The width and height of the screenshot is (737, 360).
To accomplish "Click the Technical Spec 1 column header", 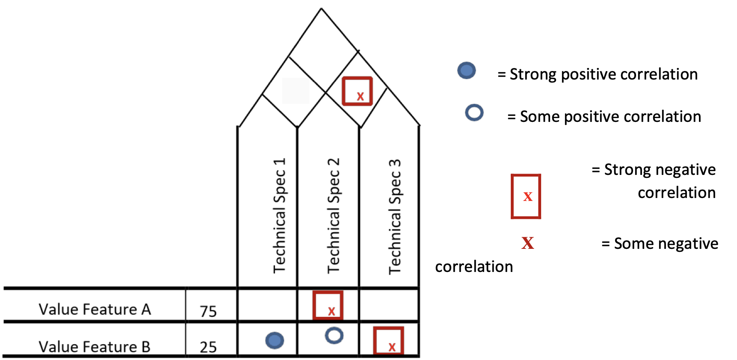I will tap(279, 216).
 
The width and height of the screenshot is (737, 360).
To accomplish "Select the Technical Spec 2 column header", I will tap(334, 216).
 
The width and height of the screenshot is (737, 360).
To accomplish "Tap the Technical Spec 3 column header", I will tap(394, 217).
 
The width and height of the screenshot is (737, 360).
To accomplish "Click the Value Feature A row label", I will tap(95, 309).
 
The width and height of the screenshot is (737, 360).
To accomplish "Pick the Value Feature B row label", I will tap(95, 346).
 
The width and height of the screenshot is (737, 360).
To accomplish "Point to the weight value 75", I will tap(208, 311).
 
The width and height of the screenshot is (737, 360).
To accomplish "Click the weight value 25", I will tap(208, 347).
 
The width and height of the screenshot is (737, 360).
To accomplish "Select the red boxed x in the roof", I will tap(357, 91).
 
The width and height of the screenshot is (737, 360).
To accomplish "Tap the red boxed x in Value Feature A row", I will tap(328, 305).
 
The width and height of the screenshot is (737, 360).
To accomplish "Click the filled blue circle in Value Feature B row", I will tap(275, 340).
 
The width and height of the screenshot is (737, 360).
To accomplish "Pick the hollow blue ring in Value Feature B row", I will tap(334, 335).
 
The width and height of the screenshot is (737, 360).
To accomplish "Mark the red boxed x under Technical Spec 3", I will tap(388, 341).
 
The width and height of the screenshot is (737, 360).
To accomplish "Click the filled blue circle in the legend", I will tap(466, 71).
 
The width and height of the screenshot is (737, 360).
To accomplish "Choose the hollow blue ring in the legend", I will tap(474, 112).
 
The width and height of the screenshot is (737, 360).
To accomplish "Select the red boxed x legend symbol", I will tap(526, 196).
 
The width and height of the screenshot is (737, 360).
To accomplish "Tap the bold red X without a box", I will tap(527, 243).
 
